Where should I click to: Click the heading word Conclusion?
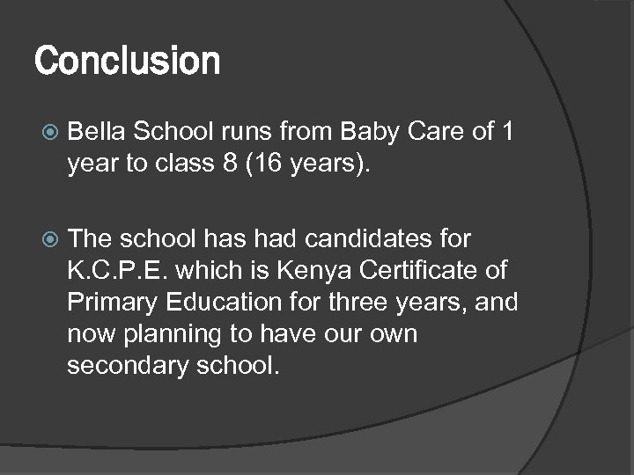(x=127, y=62)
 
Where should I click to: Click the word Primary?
(x=109, y=303)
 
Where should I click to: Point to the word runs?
(x=250, y=134)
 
